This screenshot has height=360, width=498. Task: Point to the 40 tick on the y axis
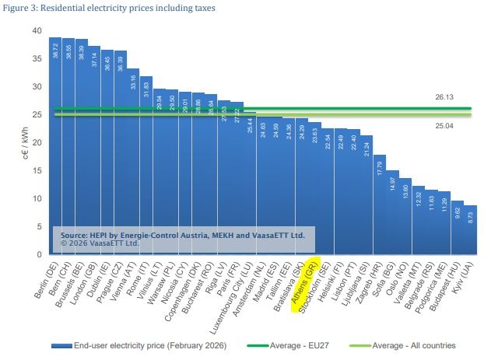(x=37, y=30)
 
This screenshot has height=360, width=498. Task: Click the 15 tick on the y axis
(x=37, y=170)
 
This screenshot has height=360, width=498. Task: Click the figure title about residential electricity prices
(x=108, y=8)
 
